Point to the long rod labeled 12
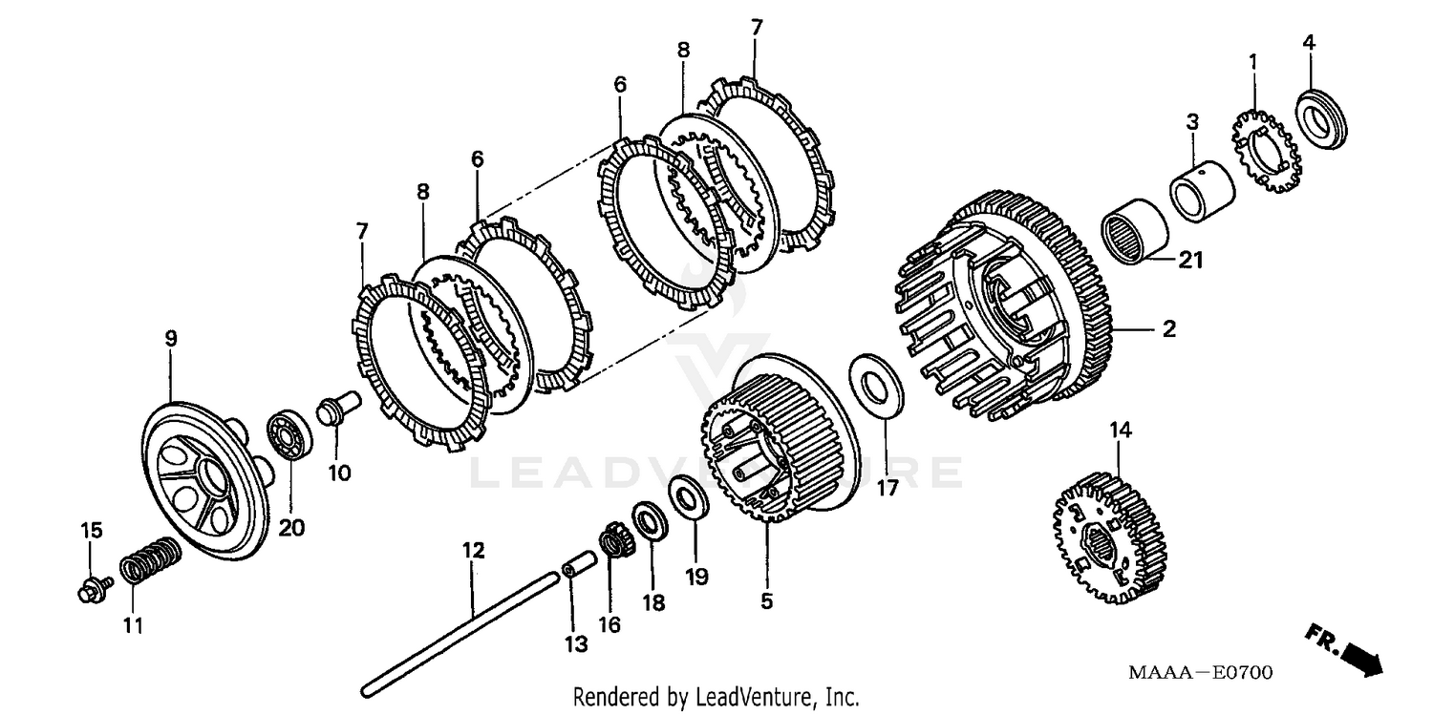pos(459,630)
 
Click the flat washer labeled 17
pos(874,384)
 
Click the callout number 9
pos(171,339)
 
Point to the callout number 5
pos(767,601)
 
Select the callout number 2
pos(1168,330)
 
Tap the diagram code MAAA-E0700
pos(1200,674)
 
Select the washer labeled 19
pos(690,497)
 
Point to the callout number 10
pos(340,472)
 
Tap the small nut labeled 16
pos(612,544)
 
